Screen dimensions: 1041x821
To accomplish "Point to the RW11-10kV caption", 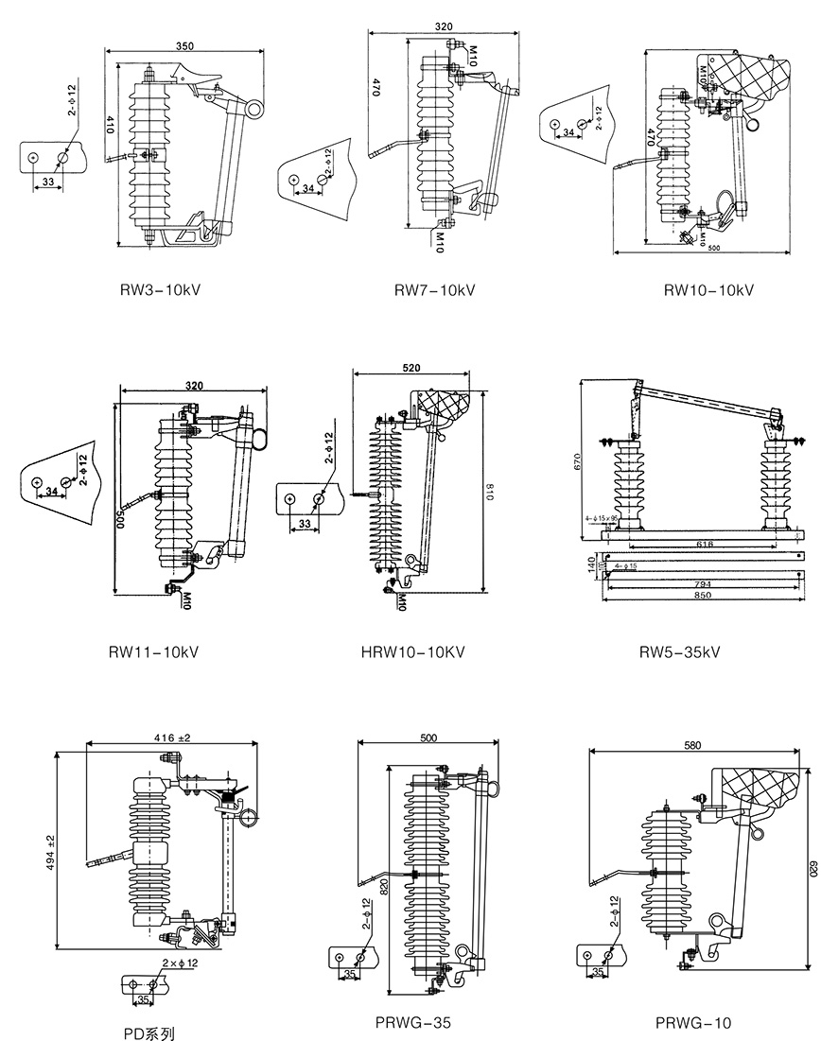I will click(x=153, y=651).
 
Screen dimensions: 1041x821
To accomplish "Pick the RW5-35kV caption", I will click(x=679, y=651).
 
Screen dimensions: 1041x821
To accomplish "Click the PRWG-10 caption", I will click(x=693, y=1022).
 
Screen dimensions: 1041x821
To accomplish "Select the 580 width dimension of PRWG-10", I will click(x=692, y=746).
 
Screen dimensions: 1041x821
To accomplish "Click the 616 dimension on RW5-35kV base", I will click(x=703, y=544).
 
